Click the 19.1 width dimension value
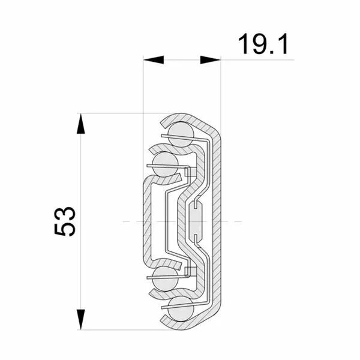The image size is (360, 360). tap(263, 44)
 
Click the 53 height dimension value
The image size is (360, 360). tap(65, 221)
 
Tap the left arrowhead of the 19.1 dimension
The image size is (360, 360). tap(154, 59)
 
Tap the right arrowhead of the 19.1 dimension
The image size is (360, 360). tap(211, 59)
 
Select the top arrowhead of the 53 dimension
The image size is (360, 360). tap(80, 124)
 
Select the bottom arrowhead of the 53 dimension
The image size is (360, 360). tap(80, 319)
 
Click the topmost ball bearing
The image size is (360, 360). tap(181, 134)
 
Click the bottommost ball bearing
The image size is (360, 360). tap(181, 308)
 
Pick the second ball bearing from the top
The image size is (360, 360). tap(165, 164)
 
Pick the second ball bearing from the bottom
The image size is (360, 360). tap(165, 279)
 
